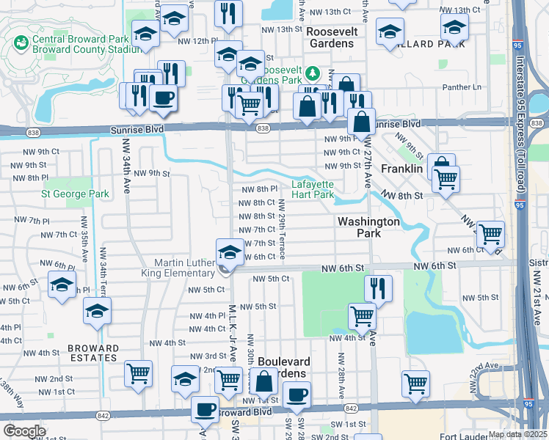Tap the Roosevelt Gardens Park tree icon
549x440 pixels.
tap(313, 73)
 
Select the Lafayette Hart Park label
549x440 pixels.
tap(313, 190)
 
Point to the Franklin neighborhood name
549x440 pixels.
tap(401, 169)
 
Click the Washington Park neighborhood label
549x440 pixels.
tap(368, 227)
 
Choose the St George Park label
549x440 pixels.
tap(75, 194)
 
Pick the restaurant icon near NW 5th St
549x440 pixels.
tap(378, 287)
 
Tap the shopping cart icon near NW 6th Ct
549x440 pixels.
tap(490, 233)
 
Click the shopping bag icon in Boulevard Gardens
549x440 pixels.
tap(263, 381)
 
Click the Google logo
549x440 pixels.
tap(23, 431)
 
